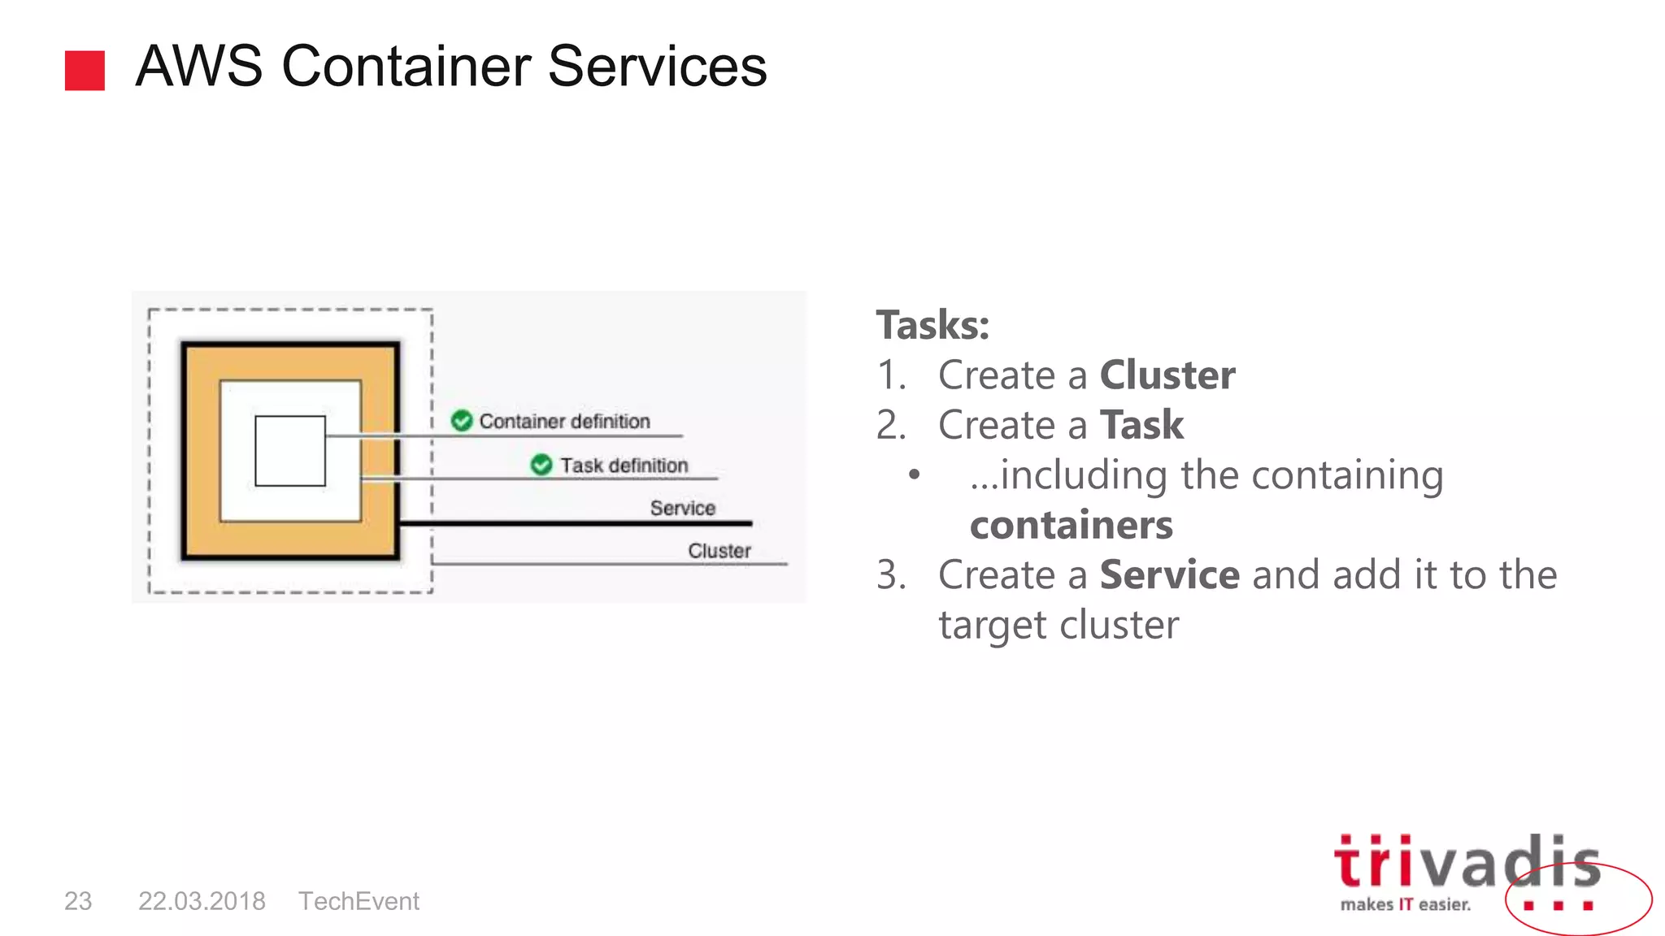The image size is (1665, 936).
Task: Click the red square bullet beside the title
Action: point(85,71)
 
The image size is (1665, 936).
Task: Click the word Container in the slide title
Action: point(405,67)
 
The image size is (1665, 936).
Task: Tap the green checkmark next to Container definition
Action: point(462,421)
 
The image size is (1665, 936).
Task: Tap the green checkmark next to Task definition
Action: point(541,465)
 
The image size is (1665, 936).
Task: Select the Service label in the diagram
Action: point(682,508)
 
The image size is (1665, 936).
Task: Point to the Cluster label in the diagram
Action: point(719,550)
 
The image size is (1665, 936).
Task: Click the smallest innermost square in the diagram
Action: point(290,451)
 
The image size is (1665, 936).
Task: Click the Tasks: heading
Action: point(932,325)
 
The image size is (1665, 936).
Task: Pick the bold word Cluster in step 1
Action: point(1167,375)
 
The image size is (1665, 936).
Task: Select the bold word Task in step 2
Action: point(1141,425)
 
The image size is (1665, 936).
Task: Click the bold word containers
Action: point(1071,525)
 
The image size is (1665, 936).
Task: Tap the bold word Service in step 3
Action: point(1169,575)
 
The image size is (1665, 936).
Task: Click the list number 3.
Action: point(889,575)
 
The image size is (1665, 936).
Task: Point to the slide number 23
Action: point(78,901)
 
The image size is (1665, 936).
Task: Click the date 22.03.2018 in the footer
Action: point(202,901)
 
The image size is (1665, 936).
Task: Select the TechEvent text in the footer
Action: point(359,901)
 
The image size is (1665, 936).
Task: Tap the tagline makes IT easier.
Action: point(1405,904)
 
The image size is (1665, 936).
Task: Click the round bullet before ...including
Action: point(915,474)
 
